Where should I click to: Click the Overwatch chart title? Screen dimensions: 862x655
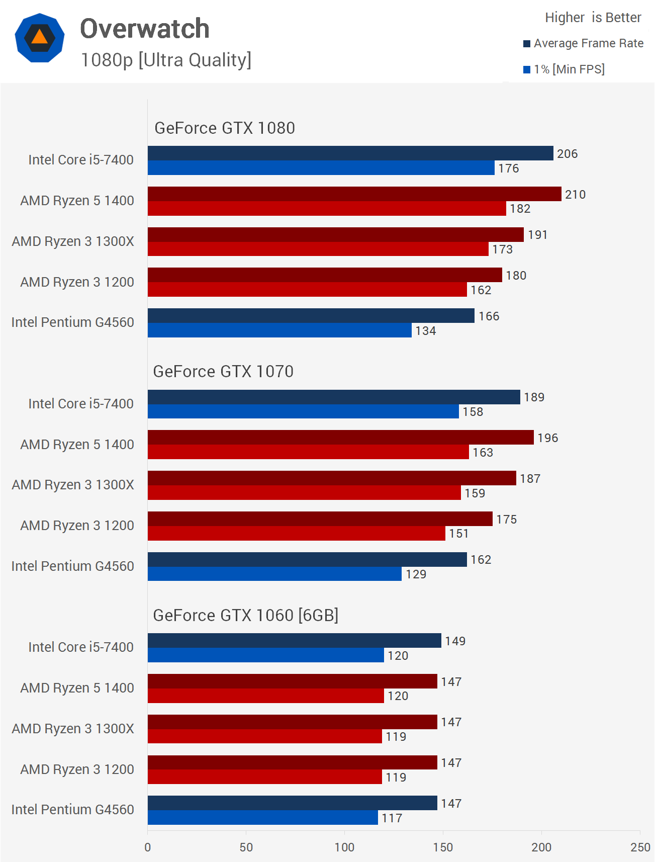click(x=145, y=29)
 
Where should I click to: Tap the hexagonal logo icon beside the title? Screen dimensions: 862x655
click(x=40, y=38)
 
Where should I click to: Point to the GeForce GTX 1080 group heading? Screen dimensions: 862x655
click(x=224, y=128)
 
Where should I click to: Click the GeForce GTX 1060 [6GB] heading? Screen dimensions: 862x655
click(x=245, y=616)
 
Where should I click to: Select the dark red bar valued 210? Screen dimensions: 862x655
click(x=354, y=194)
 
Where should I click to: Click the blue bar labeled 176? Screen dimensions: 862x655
click(x=321, y=168)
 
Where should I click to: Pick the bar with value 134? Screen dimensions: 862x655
click(x=279, y=330)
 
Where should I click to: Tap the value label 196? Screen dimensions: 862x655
click(x=547, y=438)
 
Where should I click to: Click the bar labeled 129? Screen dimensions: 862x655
click(x=274, y=574)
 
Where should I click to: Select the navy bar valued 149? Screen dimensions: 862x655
click(x=294, y=641)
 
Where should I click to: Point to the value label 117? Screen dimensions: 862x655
click(x=392, y=818)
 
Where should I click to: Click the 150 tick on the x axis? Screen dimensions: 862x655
click(x=443, y=847)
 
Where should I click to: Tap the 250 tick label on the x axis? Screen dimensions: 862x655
click(x=640, y=847)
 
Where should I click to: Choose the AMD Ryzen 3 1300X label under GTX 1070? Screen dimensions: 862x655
click(x=73, y=485)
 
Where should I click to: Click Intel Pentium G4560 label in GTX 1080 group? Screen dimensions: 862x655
click(x=72, y=322)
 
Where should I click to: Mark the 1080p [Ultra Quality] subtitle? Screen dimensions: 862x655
click(x=166, y=60)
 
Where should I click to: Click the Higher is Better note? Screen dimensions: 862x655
click(x=593, y=18)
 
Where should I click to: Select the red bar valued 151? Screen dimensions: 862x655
click(x=296, y=533)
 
